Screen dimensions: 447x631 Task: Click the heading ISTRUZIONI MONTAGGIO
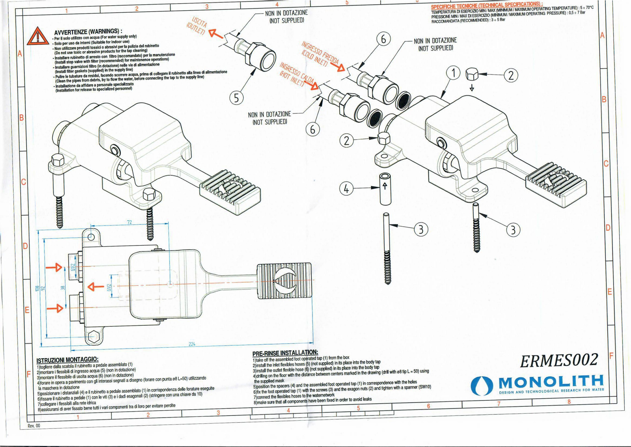(x=67, y=360)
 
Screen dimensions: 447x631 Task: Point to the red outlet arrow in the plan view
(x=95, y=287)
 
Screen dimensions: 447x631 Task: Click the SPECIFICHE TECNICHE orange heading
(x=486, y=6)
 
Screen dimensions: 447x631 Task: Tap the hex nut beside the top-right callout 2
(x=471, y=74)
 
